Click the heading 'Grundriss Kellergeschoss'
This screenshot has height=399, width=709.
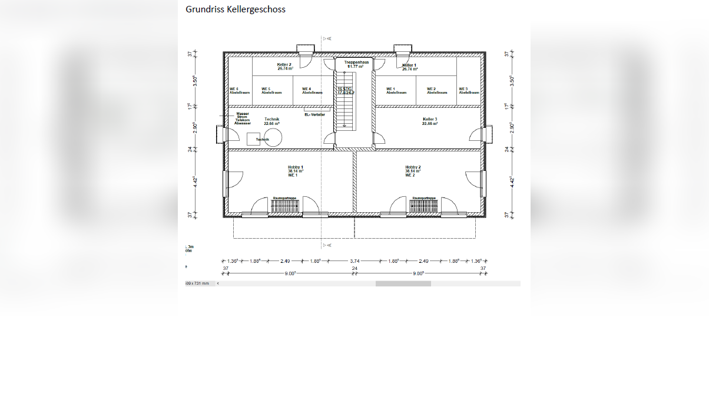click(236, 9)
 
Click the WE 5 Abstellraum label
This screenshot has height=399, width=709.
click(271, 91)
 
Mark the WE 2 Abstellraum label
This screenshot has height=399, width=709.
click(437, 91)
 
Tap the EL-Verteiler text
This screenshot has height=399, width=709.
click(314, 115)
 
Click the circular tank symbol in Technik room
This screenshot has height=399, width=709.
click(273, 139)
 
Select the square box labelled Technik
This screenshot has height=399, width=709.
click(254, 140)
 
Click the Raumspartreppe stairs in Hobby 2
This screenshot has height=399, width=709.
click(424, 206)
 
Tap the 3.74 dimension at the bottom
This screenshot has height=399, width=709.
click(354, 260)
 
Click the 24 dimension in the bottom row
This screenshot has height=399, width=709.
click(354, 269)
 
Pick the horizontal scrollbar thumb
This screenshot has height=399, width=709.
click(403, 283)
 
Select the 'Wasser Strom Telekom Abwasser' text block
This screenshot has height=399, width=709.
click(243, 118)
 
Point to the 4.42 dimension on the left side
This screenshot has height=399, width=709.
click(196, 181)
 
